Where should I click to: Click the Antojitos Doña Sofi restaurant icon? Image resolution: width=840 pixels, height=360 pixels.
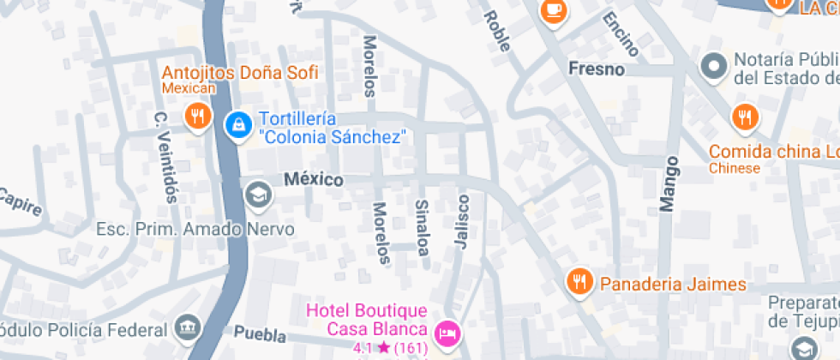(197, 116)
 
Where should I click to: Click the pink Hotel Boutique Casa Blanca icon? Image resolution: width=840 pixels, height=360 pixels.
(446, 333)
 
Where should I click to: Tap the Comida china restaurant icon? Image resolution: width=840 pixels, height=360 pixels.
(743, 117)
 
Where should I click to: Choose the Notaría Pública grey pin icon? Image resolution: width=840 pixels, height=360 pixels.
(711, 65)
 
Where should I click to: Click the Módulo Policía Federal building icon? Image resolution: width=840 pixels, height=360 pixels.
(186, 327)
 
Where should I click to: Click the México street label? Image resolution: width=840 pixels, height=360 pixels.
(314, 180)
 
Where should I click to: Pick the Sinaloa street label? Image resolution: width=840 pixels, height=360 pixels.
(422, 227)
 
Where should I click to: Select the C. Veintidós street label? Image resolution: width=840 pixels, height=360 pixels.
(165, 156)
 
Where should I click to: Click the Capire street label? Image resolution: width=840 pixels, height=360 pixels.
(19, 202)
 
